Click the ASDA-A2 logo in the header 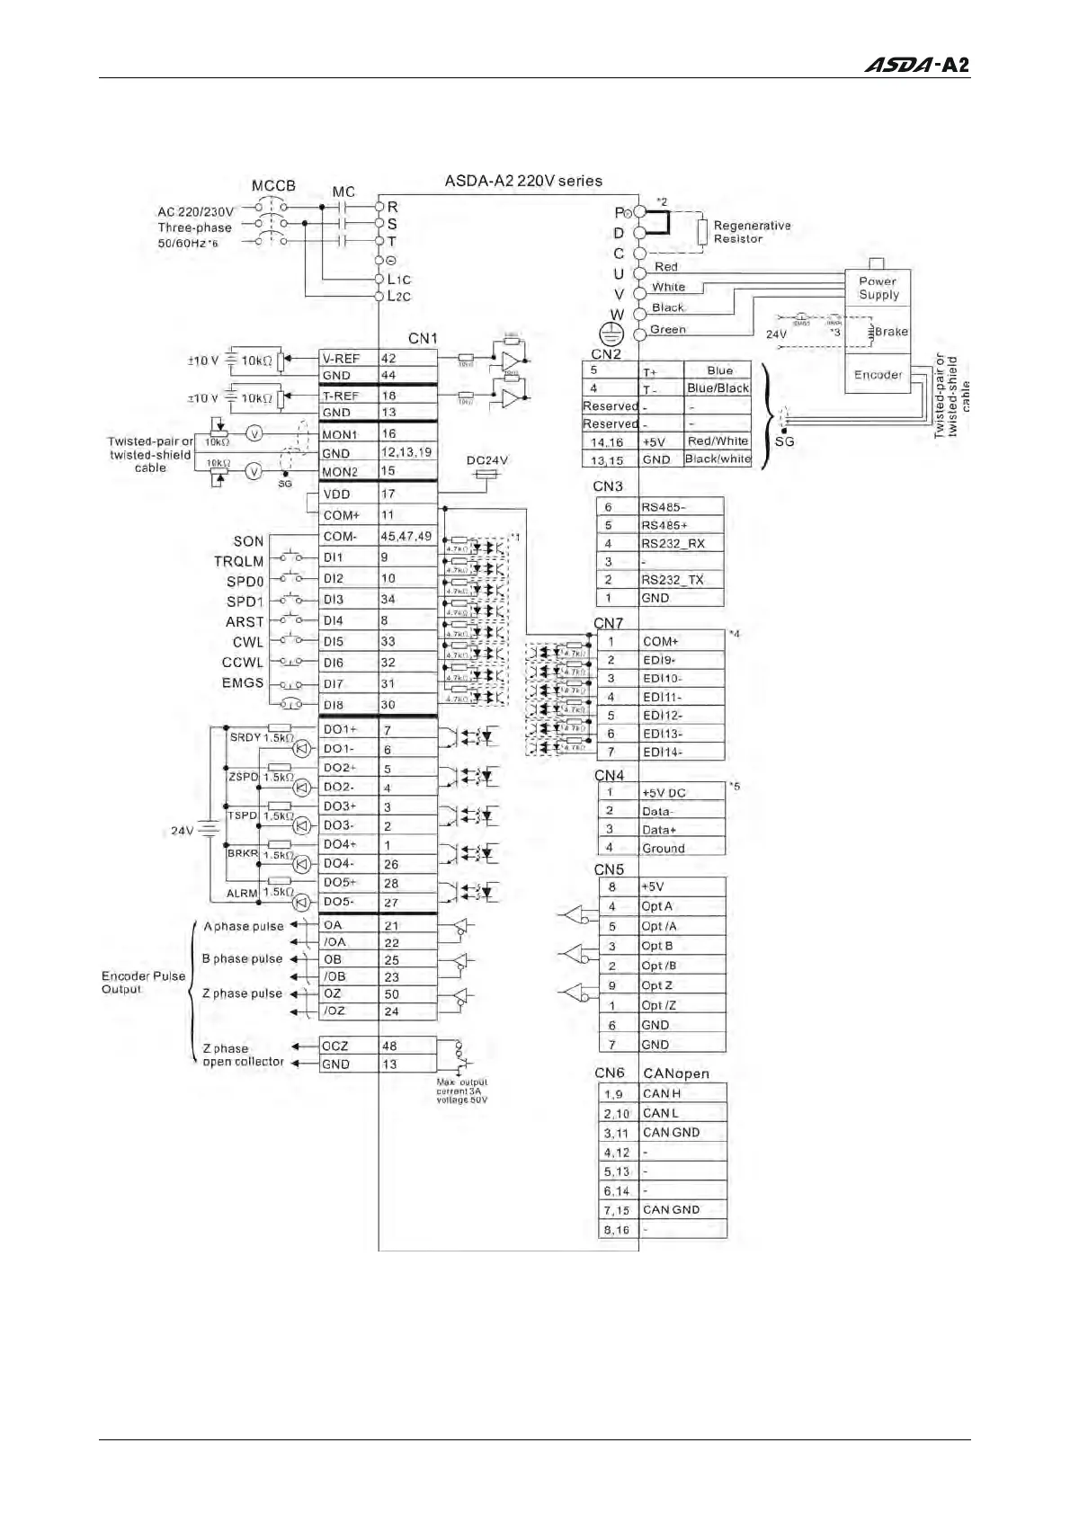[916, 65]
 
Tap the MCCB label [273, 185]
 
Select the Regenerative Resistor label [752, 232]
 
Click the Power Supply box [878, 288]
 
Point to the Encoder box [878, 375]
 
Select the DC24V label [487, 460]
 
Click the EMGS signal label [243, 683]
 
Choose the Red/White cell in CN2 [718, 441]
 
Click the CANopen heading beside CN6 [676, 1073]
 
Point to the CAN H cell [682, 1093]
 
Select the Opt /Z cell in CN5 [681, 1005]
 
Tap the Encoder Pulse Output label [143, 983]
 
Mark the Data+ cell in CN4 [681, 830]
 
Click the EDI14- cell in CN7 [681, 753]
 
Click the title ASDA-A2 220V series [523, 181]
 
